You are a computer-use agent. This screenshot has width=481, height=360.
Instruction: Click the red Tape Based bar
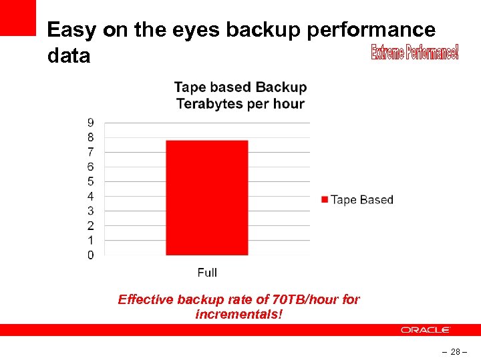click(x=206, y=197)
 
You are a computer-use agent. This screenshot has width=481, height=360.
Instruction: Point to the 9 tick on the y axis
click(x=90, y=123)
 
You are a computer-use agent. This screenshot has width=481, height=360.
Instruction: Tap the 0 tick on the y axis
click(x=90, y=255)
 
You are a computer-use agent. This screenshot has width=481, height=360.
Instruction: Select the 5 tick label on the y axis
click(x=90, y=181)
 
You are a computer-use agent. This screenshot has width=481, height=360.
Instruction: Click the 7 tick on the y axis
click(x=90, y=152)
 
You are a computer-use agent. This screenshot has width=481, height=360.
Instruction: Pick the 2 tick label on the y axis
click(x=90, y=225)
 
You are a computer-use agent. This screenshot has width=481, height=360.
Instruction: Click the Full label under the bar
click(x=207, y=272)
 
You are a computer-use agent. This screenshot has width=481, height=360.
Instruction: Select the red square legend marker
click(x=325, y=199)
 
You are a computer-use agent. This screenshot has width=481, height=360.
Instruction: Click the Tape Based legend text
click(x=362, y=199)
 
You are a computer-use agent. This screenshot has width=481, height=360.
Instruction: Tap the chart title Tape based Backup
click(x=240, y=87)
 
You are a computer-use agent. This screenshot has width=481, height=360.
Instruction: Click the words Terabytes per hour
click(x=240, y=104)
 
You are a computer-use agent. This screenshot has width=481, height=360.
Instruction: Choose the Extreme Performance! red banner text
click(x=415, y=52)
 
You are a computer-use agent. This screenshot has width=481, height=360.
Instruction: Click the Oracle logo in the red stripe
click(x=426, y=330)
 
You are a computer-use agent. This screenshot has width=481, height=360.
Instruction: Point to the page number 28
click(x=454, y=351)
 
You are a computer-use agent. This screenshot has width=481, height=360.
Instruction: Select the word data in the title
click(x=69, y=56)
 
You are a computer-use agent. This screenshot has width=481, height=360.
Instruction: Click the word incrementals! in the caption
click(x=239, y=313)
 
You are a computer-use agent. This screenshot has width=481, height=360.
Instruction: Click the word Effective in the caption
click(x=145, y=299)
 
